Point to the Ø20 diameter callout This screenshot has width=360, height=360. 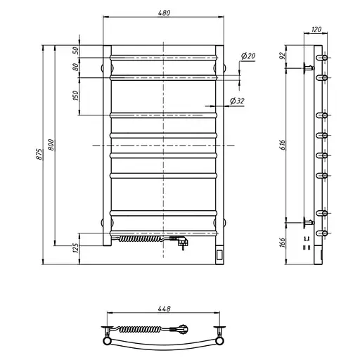[247, 56]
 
